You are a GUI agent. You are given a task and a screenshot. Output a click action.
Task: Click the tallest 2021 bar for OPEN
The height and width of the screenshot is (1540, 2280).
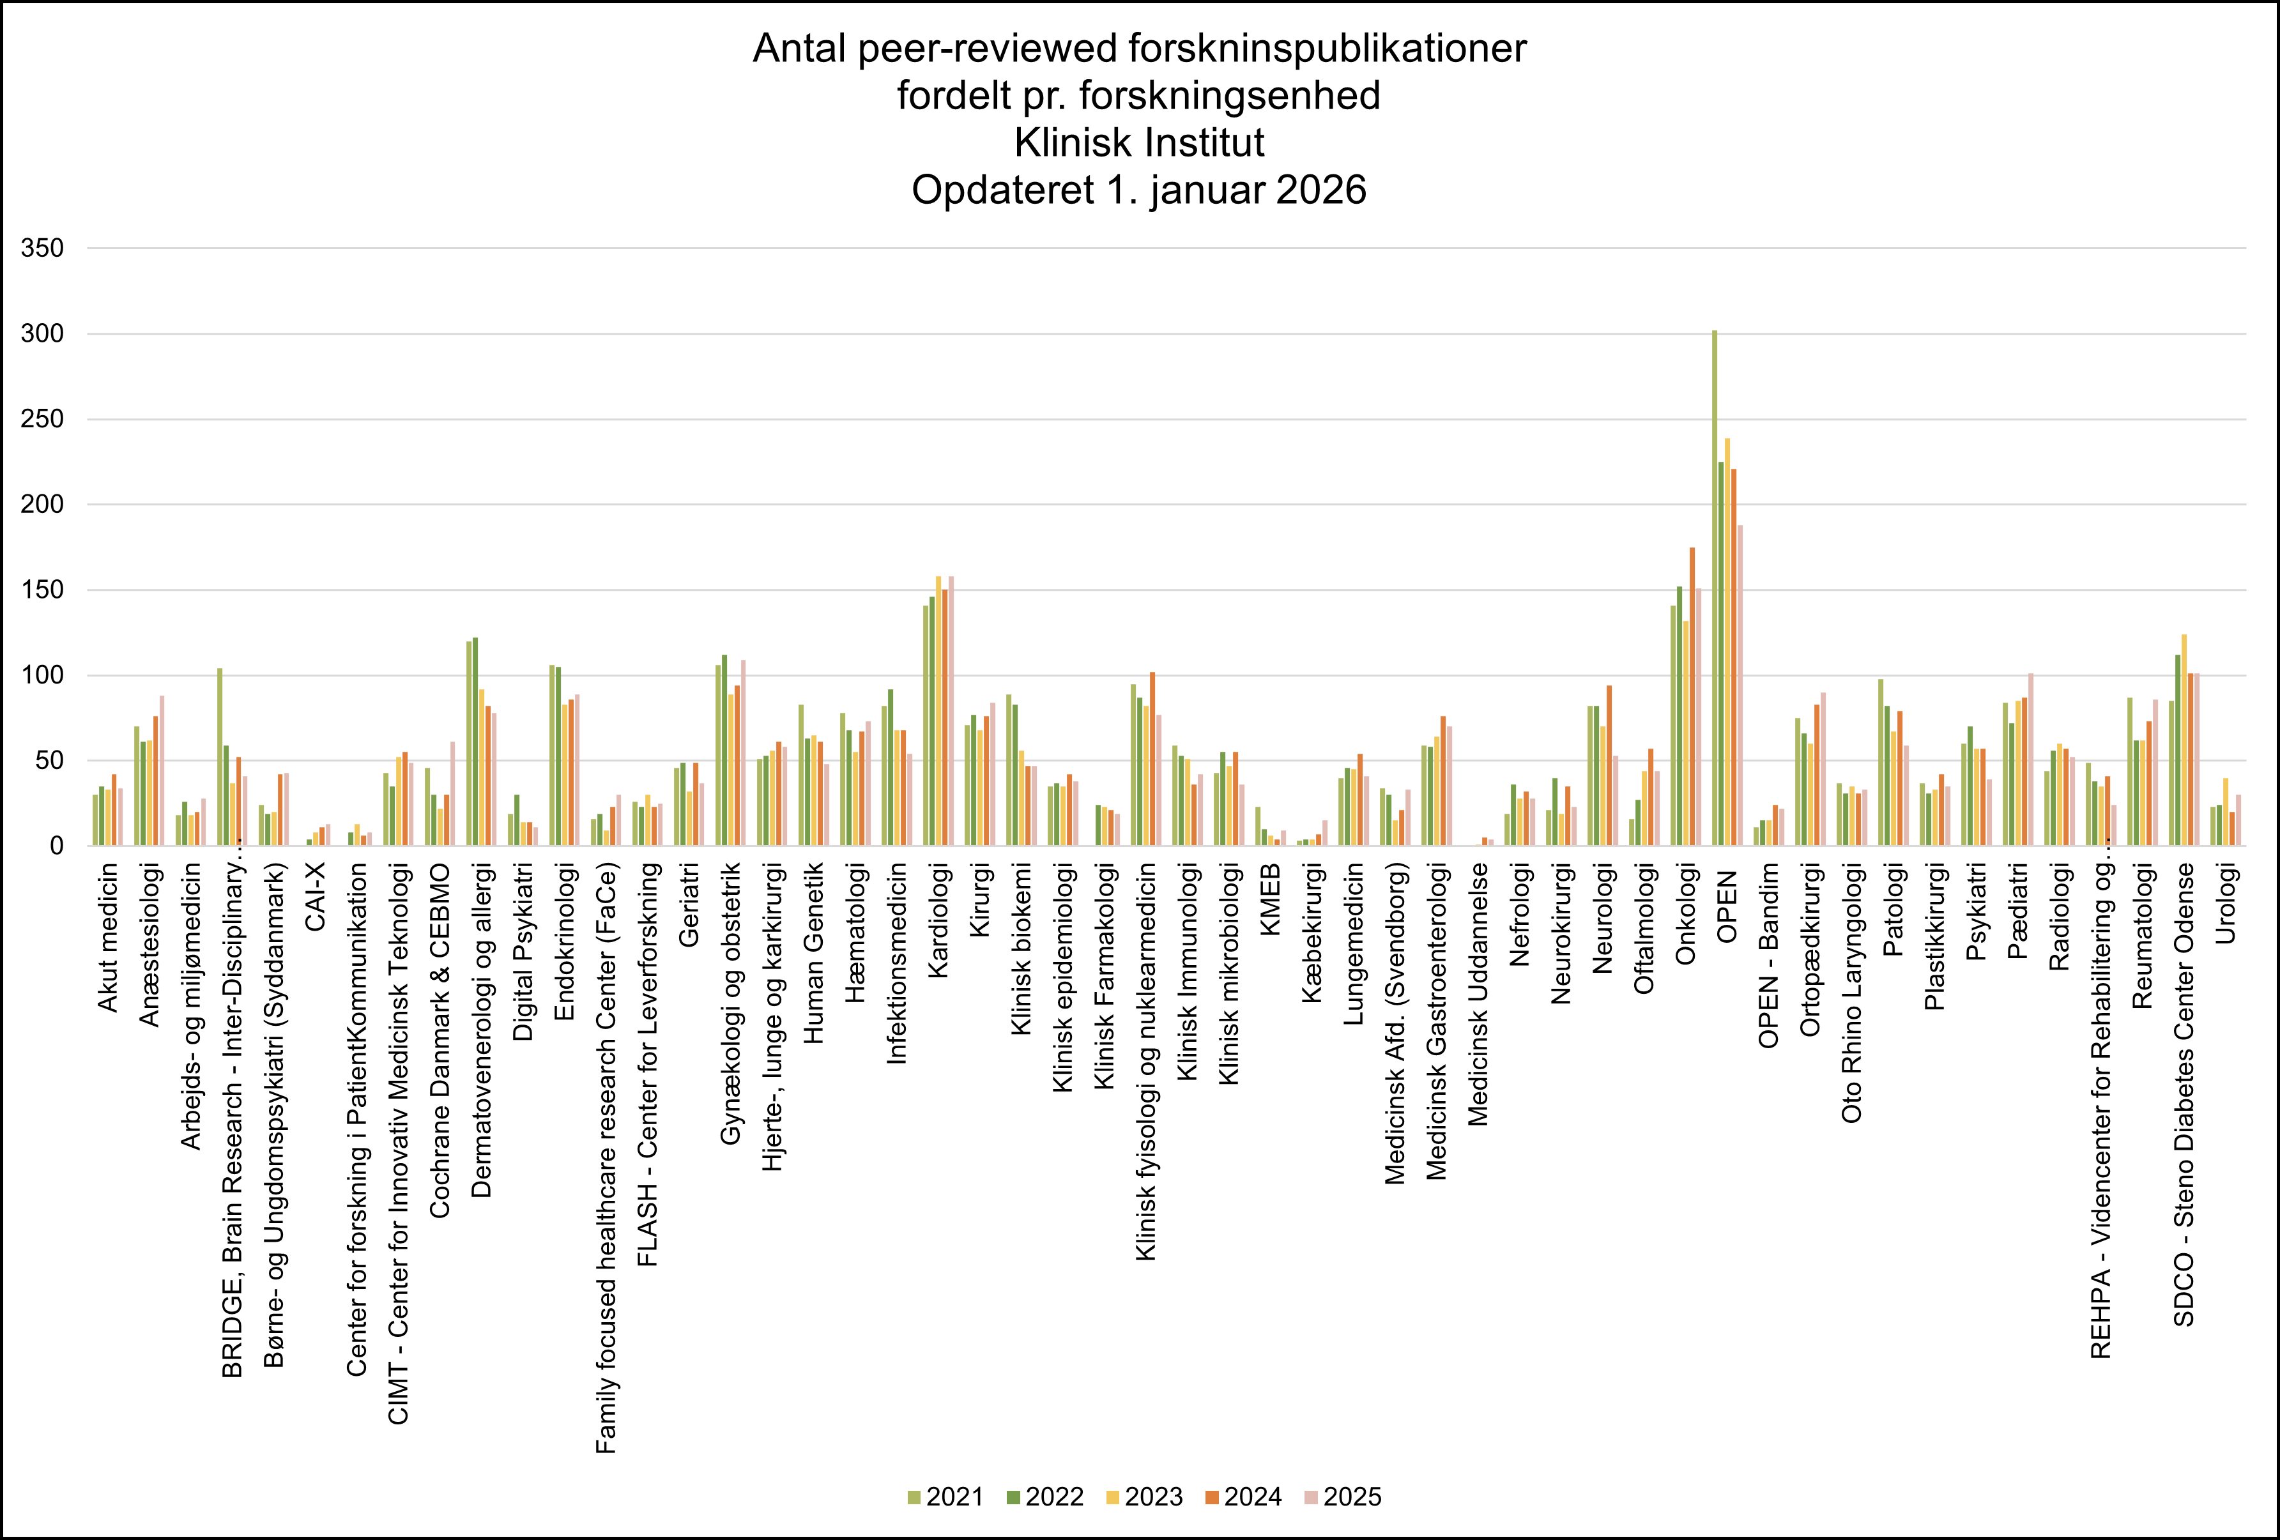pyautogui.click(x=1715, y=588)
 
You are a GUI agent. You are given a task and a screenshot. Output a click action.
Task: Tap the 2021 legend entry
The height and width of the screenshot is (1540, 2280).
pyautogui.click(x=945, y=1497)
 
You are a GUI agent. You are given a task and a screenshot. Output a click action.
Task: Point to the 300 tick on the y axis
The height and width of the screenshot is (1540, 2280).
pyautogui.click(x=42, y=333)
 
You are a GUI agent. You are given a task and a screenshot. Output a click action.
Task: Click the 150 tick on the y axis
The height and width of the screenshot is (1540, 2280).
pyautogui.click(x=42, y=590)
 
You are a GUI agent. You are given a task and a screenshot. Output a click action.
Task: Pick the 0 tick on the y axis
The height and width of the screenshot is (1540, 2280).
pyautogui.click(x=56, y=846)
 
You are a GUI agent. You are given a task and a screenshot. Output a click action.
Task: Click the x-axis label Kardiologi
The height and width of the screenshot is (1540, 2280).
pyautogui.click(x=939, y=920)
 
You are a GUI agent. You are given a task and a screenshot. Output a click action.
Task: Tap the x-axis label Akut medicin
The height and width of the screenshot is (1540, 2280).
pyautogui.click(x=108, y=938)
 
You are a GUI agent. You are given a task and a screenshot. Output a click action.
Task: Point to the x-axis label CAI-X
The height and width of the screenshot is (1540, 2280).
pyautogui.click(x=315, y=897)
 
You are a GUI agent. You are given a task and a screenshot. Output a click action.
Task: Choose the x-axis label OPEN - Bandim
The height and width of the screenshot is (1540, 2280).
pyautogui.click(x=1769, y=956)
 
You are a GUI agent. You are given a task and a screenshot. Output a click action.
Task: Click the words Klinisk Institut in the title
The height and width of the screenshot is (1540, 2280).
pyautogui.click(x=1139, y=143)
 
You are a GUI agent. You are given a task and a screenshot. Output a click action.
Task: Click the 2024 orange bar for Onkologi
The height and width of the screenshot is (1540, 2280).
pyautogui.click(x=1692, y=696)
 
